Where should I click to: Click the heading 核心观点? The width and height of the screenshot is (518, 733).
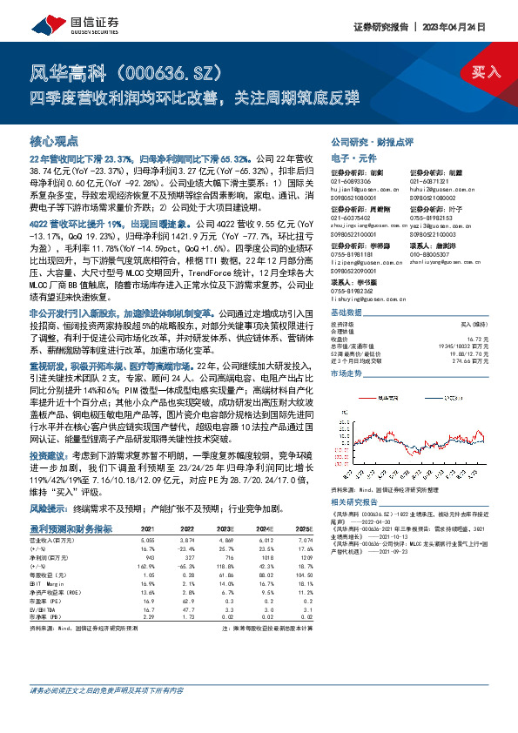point(54,140)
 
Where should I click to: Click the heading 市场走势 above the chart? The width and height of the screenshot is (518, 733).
point(347,371)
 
